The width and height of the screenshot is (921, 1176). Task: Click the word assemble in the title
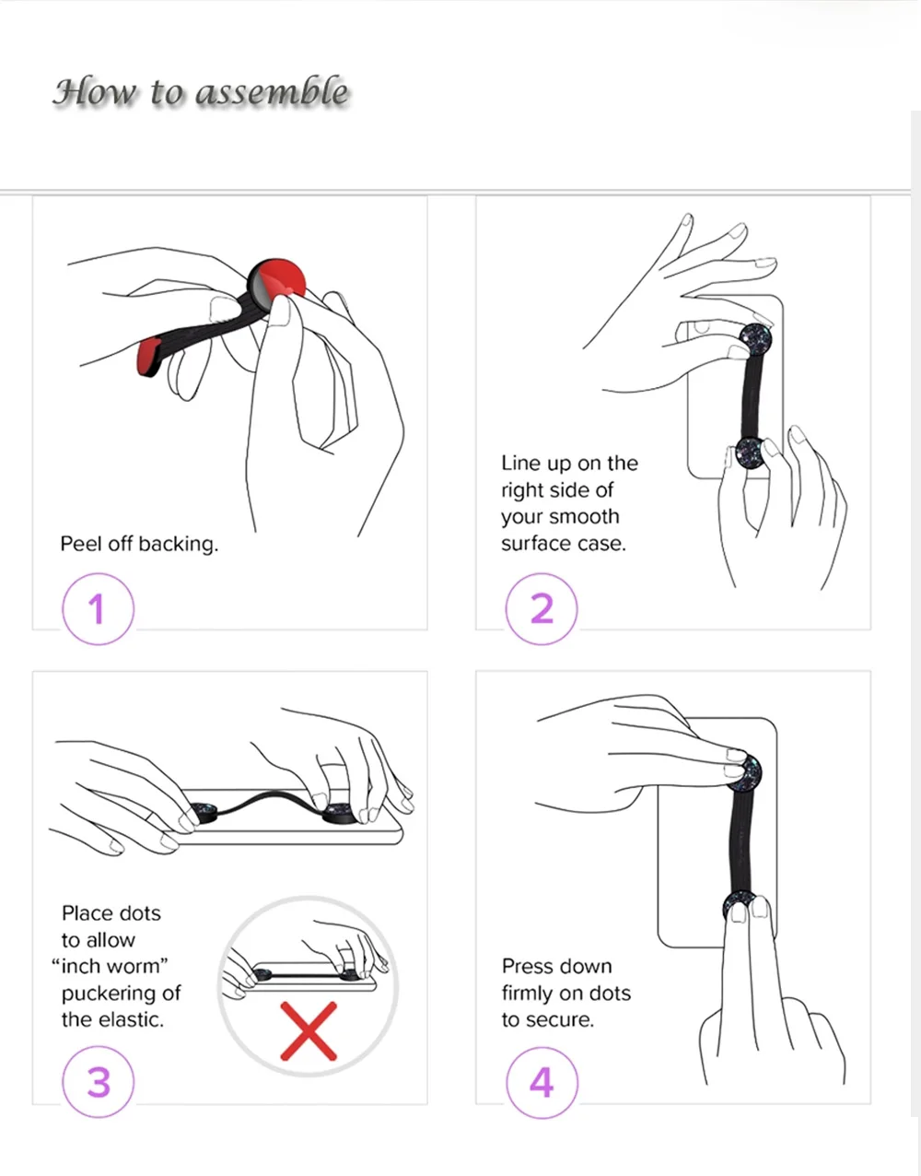[272, 92]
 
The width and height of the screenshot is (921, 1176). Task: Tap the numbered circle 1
[98, 609]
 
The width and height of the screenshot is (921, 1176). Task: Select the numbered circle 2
[542, 609]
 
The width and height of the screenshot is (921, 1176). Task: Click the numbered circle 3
[98, 1082]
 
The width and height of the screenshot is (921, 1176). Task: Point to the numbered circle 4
[542, 1082]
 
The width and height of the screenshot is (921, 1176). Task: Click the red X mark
[309, 1031]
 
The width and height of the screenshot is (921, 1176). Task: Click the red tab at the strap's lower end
[149, 355]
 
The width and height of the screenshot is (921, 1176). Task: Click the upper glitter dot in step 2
[754, 340]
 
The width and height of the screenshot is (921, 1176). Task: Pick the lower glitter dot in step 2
[752, 452]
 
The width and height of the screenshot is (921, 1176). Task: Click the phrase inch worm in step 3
[110, 966]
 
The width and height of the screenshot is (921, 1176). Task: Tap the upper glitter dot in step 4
[745, 770]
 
